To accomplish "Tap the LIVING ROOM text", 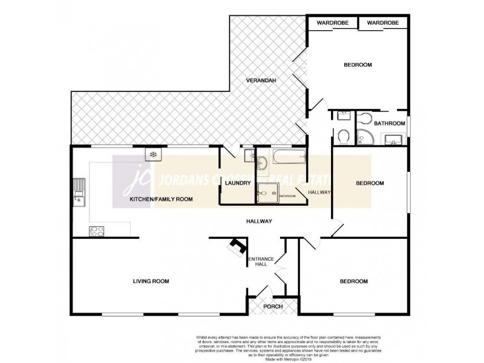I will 151,281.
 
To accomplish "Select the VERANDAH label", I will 261,80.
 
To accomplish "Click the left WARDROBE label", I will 332,22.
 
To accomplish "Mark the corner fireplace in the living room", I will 238,246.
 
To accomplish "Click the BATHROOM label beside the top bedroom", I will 389,123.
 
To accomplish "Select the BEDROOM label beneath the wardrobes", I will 358,65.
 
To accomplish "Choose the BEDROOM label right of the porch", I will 353,281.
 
